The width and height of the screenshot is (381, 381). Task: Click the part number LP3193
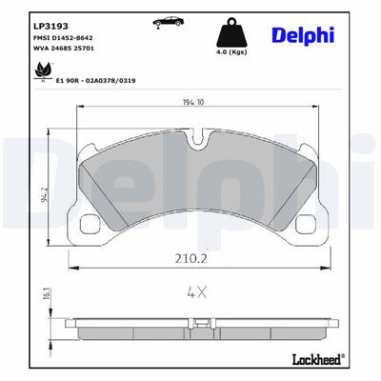coord(50,24)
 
